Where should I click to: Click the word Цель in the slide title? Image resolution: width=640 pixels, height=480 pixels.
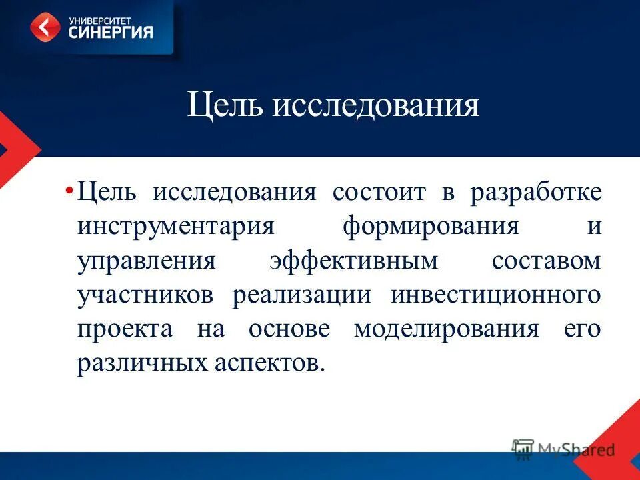tap(224, 106)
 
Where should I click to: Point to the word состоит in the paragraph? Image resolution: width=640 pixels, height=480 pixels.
tap(378, 193)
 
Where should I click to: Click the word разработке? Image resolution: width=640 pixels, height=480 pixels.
tap(535, 193)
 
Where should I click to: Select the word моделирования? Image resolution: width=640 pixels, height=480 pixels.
tap(446, 330)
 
